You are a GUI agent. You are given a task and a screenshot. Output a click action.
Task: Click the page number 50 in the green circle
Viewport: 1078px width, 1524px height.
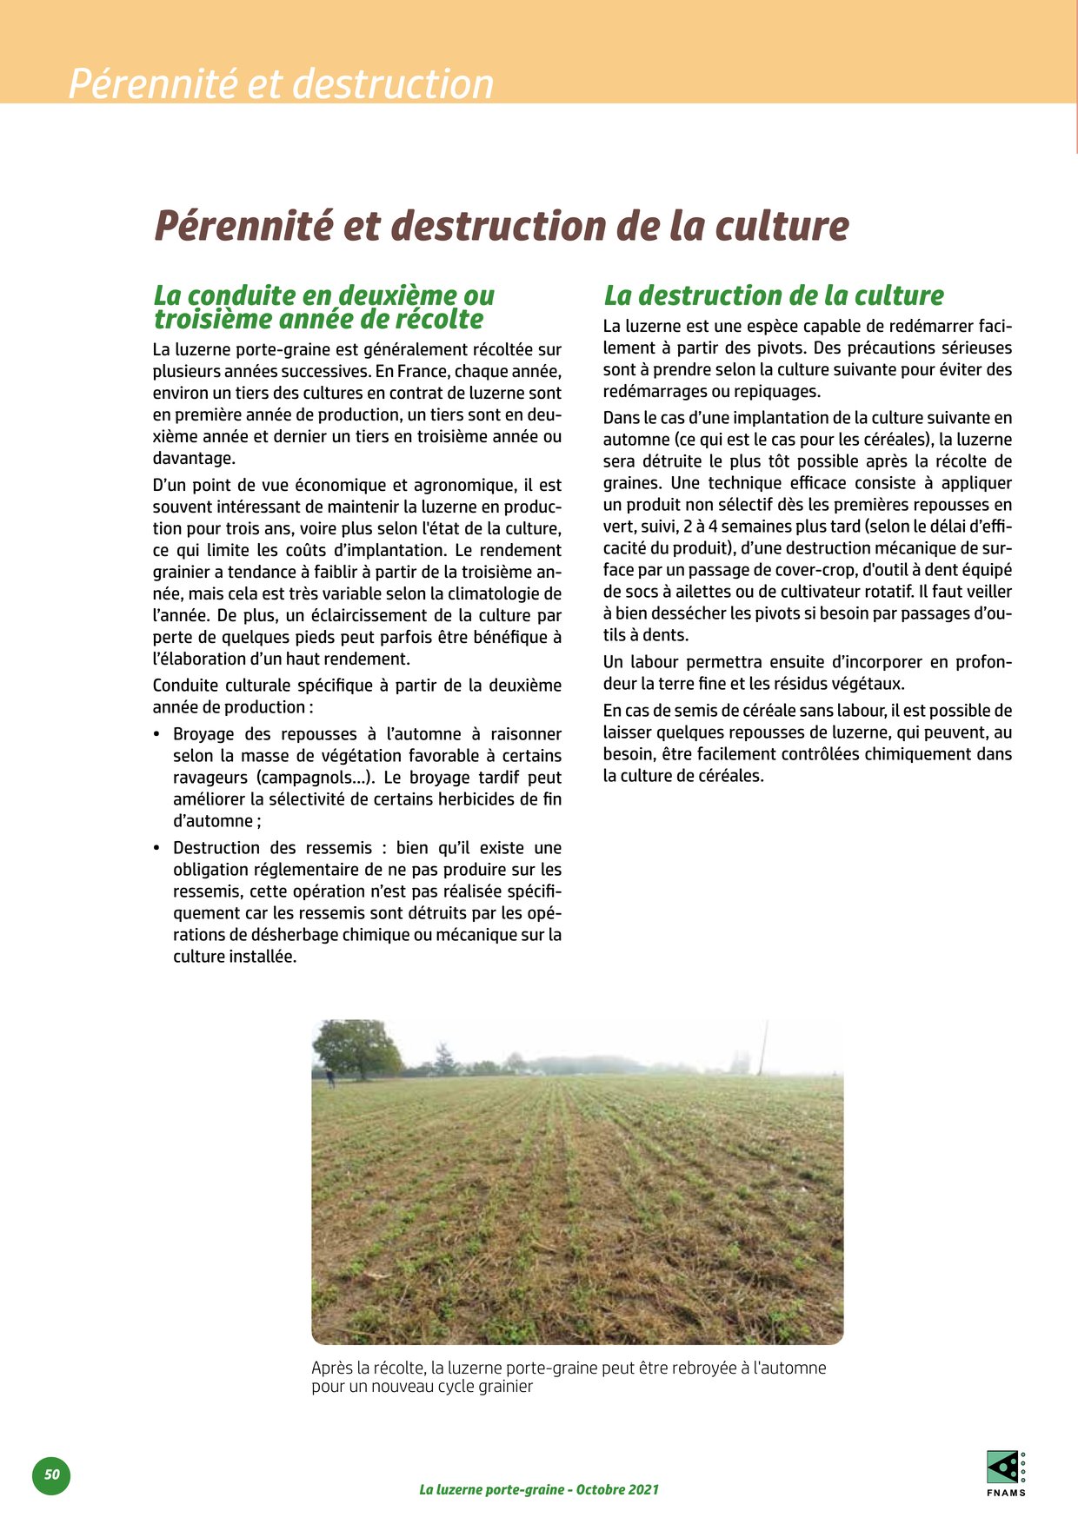[51, 1474]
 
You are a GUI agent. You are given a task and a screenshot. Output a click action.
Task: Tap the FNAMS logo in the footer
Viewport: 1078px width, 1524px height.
[1006, 1473]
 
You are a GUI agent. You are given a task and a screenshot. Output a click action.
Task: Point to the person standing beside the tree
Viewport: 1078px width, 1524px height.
[330, 1078]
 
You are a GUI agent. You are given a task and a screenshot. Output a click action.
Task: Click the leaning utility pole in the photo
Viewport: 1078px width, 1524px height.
[764, 1049]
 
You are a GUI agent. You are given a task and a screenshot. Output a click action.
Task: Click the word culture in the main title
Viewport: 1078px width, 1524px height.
[782, 226]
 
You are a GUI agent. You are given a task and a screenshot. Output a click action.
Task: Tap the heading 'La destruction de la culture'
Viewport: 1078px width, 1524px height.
[774, 295]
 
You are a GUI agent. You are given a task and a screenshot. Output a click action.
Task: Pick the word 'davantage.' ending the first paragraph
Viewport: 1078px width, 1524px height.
[194, 458]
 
